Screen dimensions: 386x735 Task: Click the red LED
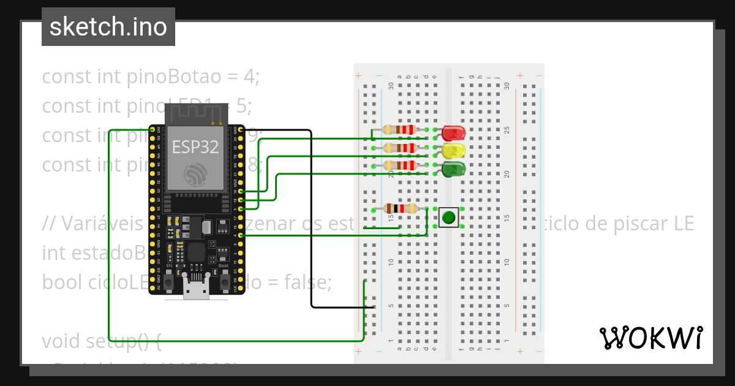point(453,132)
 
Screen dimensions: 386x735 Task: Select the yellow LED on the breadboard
point(453,150)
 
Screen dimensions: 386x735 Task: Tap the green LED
point(453,168)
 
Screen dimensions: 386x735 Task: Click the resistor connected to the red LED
point(399,130)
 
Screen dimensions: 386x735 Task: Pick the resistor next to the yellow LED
point(399,148)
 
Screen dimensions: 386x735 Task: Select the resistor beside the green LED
point(399,165)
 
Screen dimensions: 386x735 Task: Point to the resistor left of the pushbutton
point(399,209)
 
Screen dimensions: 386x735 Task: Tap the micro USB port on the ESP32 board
point(197,290)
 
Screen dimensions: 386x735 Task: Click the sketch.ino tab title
point(108,27)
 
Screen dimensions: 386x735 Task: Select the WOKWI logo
point(650,338)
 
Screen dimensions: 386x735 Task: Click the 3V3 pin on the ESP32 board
point(153,130)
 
